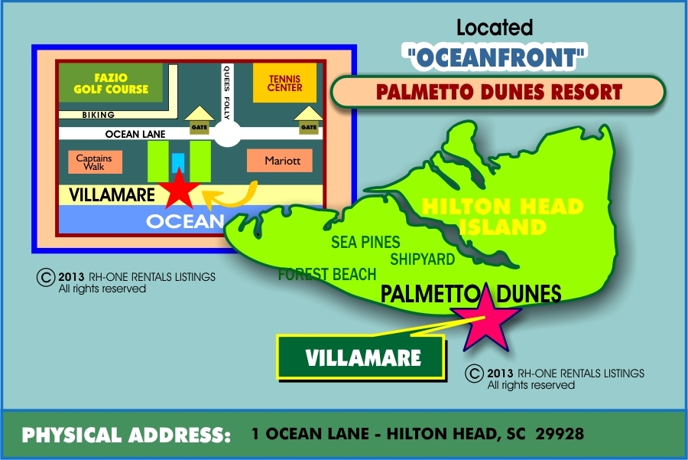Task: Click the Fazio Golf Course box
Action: (x=112, y=83)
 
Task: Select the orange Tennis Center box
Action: (x=284, y=83)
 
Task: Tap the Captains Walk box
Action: (x=94, y=162)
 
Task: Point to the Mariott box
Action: (x=279, y=161)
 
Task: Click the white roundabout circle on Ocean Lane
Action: (x=227, y=135)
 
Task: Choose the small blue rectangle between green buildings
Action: (x=178, y=163)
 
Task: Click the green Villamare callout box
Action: (x=360, y=357)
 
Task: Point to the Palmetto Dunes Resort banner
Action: (x=498, y=93)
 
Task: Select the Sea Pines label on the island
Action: (x=365, y=243)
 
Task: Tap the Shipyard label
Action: (x=422, y=259)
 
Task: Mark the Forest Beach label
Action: (x=327, y=274)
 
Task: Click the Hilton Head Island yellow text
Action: (x=502, y=217)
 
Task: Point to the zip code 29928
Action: (x=561, y=434)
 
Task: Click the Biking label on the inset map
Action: (x=97, y=115)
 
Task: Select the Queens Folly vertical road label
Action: (x=226, y=92)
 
